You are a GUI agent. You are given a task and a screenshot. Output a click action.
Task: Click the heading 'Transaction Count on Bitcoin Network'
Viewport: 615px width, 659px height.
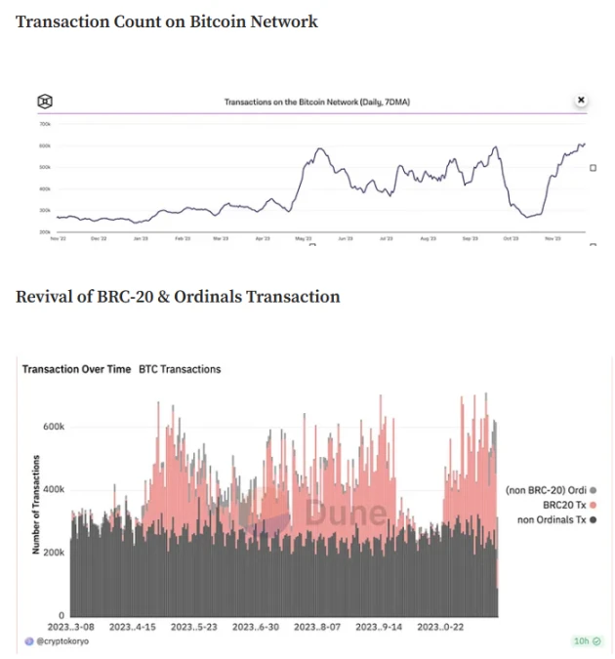(x=167, y=21)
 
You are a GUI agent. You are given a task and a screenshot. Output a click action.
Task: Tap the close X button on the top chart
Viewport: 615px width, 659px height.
(x=581, y=100)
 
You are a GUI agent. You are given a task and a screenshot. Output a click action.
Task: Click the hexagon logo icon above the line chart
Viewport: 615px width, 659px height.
(x=45, y=101)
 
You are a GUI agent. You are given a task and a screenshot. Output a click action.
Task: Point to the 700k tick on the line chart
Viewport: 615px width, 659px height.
(x=45, y=124)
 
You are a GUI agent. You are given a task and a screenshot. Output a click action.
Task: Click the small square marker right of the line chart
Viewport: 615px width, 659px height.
(x=593, y=168)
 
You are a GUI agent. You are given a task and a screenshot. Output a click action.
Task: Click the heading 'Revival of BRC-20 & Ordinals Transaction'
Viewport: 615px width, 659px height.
(x=178, y=296)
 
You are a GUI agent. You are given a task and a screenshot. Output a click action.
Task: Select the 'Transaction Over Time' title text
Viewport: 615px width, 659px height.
(x=76, y=369)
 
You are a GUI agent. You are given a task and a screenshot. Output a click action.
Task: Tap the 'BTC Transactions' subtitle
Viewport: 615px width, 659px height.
(x=180, y=369)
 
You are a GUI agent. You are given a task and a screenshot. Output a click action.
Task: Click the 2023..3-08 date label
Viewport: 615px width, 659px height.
(x=72, y=627)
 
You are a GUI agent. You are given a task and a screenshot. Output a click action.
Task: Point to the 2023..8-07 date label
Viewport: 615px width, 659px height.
(x=318, y=627)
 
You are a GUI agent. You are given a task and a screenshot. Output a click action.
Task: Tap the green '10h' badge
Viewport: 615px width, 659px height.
(x=586, y=641)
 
